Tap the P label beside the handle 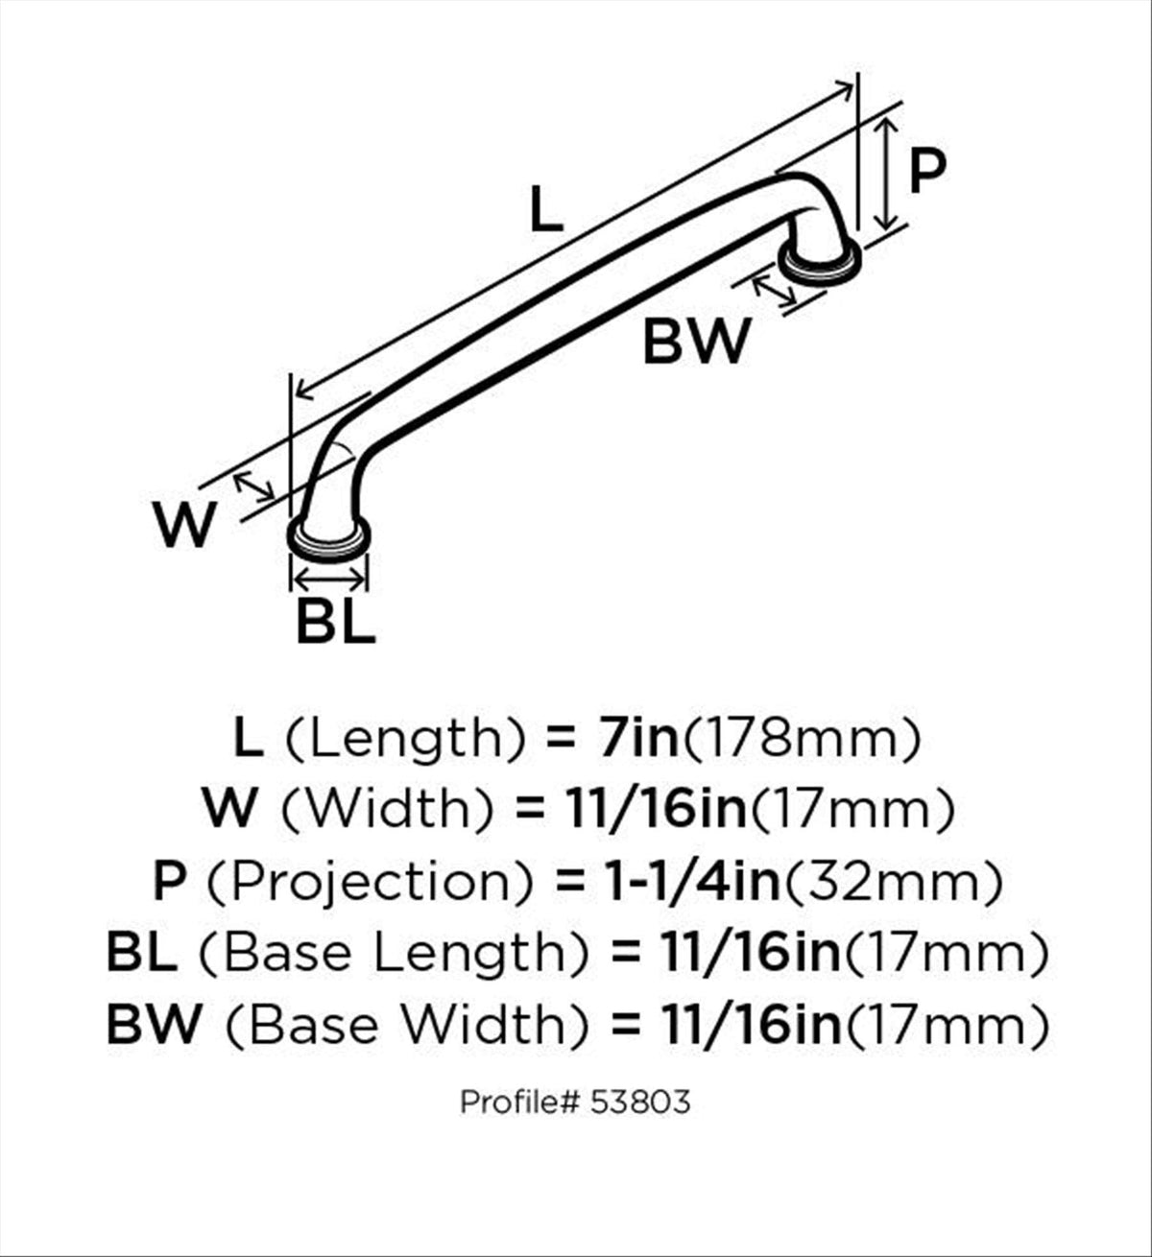click(926, 170)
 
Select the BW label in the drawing click(697, 342)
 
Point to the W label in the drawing click(185, 524)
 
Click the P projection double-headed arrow click(885, 175)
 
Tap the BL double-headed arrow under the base click(329, 581)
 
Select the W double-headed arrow click(254, 487)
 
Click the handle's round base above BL click(328, 539)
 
